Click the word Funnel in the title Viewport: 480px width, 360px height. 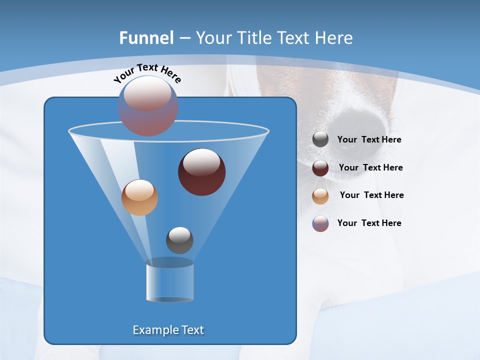(x=146, y=38)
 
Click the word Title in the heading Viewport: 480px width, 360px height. (x=254, y=38)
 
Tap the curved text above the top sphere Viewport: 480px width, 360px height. (x=147, y=73)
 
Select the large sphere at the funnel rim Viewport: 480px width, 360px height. (x=148, y=105)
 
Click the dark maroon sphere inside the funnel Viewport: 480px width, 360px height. (x=201, y=172)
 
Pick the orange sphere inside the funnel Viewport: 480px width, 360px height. (x=139, y=197)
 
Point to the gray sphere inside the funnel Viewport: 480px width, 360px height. (x=179, y=240)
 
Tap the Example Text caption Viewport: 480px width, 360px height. (x=168, y=330)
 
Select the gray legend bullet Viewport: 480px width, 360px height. (x=320, y=139)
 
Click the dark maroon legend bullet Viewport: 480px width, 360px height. (x=320, y=168)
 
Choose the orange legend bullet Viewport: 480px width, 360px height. (x=320, y=196)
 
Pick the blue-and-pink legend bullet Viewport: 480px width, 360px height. (x=320, y=223)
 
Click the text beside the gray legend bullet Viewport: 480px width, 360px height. (x=369, y=140)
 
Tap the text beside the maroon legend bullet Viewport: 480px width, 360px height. (x=370, y=168)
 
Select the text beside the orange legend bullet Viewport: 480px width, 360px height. (x=371, y=195)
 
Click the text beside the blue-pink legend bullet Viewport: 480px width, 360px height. (x=369, y=223)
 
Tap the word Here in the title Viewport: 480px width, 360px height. (x=334, y=38)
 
